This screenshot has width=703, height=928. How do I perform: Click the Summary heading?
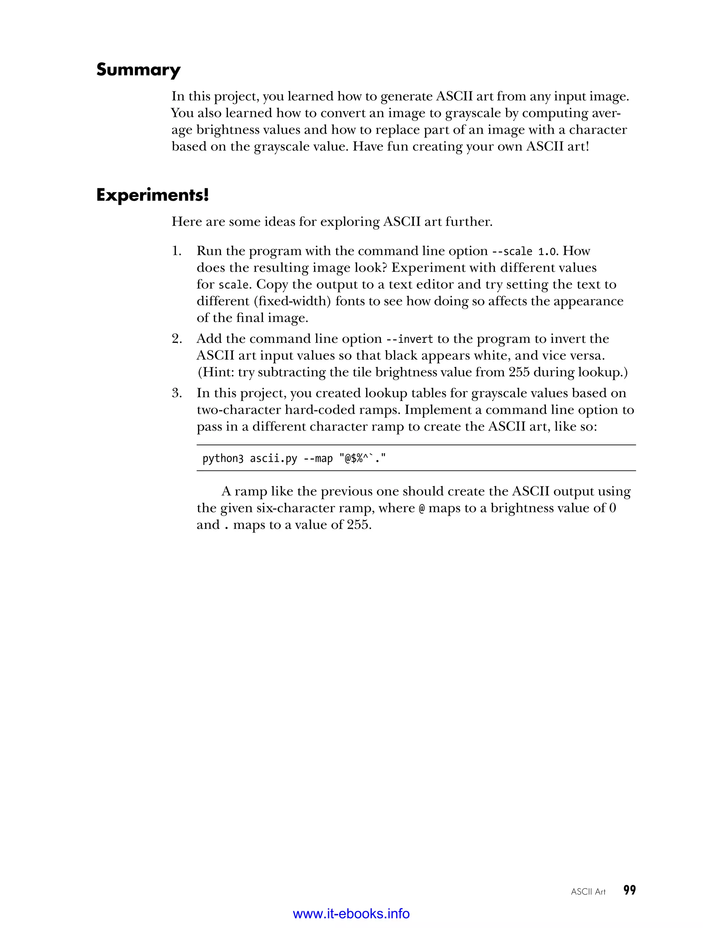click(x=138, y=70)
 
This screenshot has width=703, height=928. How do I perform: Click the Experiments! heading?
click(x=152, y=195)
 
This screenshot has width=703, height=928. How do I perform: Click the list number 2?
click(x=176, y=339)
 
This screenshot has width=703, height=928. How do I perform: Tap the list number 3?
click(x=176, y=393)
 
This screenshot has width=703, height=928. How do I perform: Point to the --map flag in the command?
click(x=318, y=459)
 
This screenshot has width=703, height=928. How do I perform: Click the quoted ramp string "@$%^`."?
click(x=362, y=459)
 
